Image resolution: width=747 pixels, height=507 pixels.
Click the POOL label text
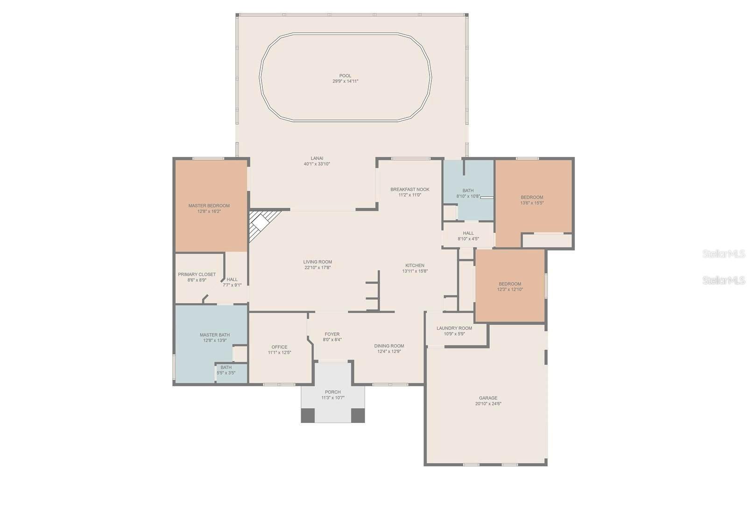coord(345,76)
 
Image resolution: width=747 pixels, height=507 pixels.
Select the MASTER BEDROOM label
coord(209,205)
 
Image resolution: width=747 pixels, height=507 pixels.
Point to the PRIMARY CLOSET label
coord(197,275)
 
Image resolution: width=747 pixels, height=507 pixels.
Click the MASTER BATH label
coord(214,335)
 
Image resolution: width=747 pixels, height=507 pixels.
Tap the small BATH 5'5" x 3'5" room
coord(226,370)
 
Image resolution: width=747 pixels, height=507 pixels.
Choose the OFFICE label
coord(279,347)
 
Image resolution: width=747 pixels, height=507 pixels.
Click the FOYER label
coord(332,334)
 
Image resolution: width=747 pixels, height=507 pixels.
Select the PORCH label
coord(332,392)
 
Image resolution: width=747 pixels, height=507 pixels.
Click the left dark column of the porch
coord(308,415)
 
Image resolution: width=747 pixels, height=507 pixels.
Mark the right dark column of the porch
coord(358,415)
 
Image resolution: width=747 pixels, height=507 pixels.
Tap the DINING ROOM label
coord(389,346)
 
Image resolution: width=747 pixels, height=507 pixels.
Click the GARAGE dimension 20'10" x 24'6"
coord(488,404)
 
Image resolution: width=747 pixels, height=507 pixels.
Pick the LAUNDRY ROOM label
coord(454,328)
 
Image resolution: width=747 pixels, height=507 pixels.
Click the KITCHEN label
coord(415,265)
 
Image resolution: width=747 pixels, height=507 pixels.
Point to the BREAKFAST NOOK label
coord(409,189)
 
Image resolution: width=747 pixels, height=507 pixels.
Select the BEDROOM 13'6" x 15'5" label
coord(532,197)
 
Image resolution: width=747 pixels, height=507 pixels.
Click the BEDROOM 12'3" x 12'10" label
coord(509,284)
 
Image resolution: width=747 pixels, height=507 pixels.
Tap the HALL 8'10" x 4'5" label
coord(468,233)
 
